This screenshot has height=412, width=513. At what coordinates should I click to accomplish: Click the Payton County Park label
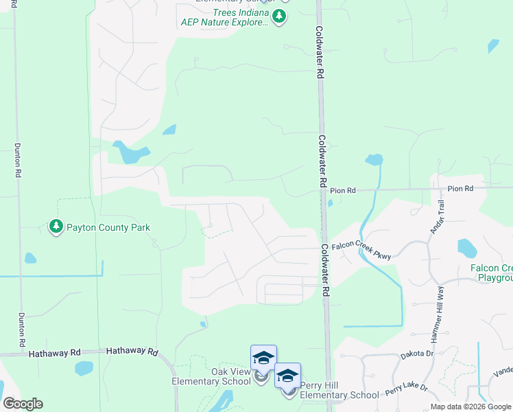click(108, 227)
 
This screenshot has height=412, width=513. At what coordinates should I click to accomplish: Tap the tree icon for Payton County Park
click(56, 226)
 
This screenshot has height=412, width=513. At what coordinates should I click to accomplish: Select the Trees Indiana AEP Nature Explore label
click(224, 18)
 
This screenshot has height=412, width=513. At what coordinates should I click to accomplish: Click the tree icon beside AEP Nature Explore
click(278, 16)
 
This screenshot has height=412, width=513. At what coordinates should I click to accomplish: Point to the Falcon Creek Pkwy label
click(361, 250)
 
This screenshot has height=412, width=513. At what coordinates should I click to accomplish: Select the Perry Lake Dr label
click(406, 389)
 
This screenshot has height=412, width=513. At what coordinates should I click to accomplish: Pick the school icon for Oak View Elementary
click(263, 358)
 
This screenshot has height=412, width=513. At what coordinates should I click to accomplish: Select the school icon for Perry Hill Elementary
click(287, 376)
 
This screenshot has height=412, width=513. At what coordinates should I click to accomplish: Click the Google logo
click(23, 404)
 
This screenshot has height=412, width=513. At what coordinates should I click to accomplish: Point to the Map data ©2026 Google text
click(470, 407)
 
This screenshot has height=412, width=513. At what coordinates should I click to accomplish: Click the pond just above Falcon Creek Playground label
click(467, 247)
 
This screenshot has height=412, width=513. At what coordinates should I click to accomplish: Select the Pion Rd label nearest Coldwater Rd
click(343, 190)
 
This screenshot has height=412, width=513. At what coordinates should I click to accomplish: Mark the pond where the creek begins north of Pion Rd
click(374, 160)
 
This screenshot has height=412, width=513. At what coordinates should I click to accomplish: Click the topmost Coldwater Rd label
click(320, 53)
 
